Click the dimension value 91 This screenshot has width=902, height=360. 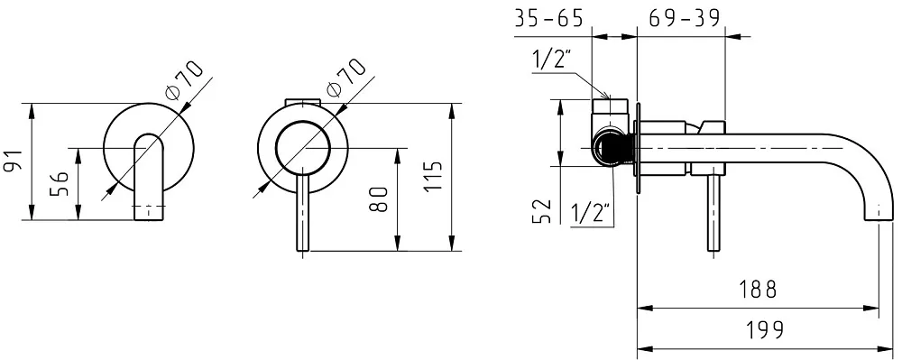13,161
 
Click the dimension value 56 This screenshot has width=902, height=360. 59,183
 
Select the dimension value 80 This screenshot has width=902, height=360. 379,199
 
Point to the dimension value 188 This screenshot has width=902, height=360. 758,290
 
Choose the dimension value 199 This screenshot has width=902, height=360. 765,330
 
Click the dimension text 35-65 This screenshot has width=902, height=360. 548,18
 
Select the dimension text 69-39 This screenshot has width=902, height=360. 684,18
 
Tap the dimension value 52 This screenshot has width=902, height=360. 542,210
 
